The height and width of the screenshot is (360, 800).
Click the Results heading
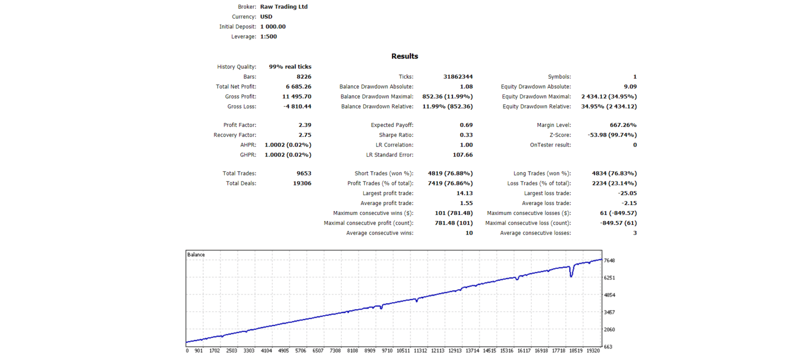(x=404, y=56)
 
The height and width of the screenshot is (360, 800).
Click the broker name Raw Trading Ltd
(x=283, y=7)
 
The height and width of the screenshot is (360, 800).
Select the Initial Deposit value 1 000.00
(x=273, y=27)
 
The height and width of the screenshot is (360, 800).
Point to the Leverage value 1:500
(x=268, y=37)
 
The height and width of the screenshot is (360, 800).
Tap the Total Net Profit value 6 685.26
(x=298, y=87)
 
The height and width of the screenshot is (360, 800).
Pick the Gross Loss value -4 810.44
(x=297, y=107)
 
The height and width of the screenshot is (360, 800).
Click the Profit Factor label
(x=239, y=125)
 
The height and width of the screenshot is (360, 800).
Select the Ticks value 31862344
(x=457, y=77)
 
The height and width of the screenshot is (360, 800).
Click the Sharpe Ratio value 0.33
(x=466, y=135)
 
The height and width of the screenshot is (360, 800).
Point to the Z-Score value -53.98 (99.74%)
(x=612, y=135)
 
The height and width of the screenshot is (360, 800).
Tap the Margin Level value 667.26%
(x=623, y=125)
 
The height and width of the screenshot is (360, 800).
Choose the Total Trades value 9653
(x=303, y=174)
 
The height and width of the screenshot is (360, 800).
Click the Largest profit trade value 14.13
(x=464, y=193)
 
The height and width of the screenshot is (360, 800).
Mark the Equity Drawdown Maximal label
(x=536, y=97)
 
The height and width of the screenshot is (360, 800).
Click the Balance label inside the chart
(x=196, y=255)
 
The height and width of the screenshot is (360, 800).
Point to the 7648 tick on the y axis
(x=609, y=260)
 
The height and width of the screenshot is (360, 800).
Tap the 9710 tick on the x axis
(x=387, y=351)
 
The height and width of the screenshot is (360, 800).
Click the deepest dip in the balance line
(x=571, y=275)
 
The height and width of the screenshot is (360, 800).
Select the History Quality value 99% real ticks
(x=290, y=67)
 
